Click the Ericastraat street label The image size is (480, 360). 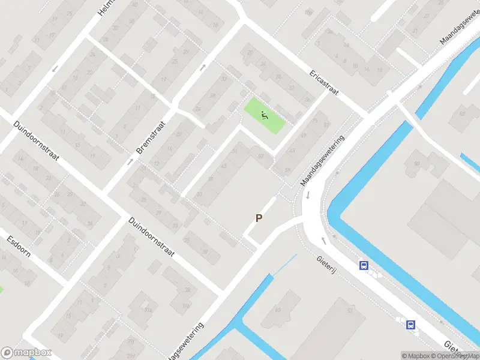click(325, 84)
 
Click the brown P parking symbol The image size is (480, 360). click(259, 218)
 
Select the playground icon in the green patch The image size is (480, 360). click(264, 114)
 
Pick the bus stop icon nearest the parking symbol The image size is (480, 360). click(363, 265)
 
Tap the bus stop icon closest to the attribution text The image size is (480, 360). click(411, 325)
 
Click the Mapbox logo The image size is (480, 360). click(26, 352)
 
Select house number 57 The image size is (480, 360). click(261, 157)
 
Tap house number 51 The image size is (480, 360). click(235, 151)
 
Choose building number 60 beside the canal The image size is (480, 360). click(277, 310)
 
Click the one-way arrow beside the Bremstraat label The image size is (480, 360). click(130, 161)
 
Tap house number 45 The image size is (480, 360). click(224, 166)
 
